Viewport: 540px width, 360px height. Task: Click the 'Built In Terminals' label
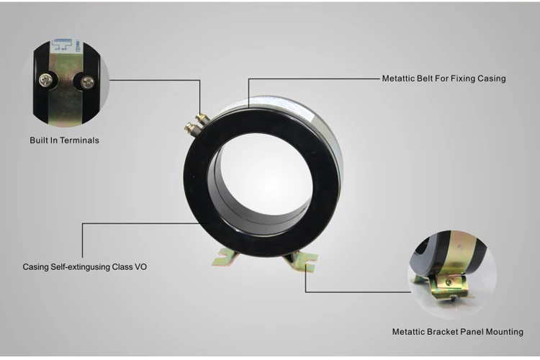click(64, 140)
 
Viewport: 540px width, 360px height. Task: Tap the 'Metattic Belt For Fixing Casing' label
click(444, 78)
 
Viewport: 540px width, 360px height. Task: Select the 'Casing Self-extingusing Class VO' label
click(85, 267)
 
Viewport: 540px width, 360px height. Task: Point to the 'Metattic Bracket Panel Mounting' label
click(458, 332)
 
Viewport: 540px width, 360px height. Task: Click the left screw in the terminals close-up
click(45, 80)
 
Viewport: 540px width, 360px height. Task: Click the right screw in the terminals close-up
click(87, 82)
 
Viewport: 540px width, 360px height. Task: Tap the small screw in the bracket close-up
click(449, 282)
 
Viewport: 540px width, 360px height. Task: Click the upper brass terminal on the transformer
click(202, 119)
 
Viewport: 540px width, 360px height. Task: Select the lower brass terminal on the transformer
click(191, 128)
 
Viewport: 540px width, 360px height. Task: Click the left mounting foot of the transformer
click(224, 257)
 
